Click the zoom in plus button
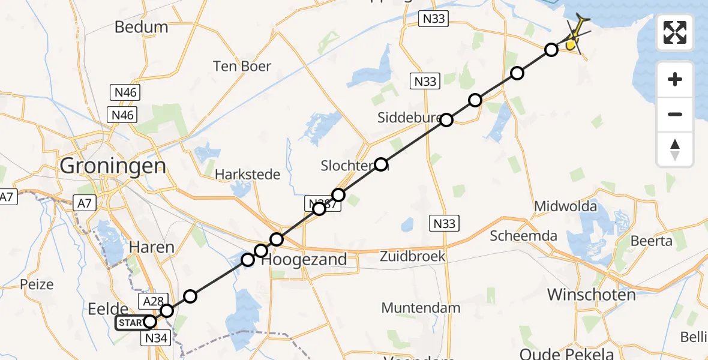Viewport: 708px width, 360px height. coord(675,79)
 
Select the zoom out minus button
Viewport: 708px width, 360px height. coord(675,114)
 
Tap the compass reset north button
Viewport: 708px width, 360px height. coord(675,149)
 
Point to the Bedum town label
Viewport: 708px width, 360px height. coord(141,27)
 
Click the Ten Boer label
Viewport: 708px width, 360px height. coord(242,66)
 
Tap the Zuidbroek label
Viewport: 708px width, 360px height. coord(413,256)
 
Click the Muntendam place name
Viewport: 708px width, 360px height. coord(421,308)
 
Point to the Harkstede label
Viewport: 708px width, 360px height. coord(248,175)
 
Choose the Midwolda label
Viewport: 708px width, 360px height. coord(566,207)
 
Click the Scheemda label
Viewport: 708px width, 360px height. coord(524,236)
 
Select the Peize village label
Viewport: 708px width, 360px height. coord(37,284)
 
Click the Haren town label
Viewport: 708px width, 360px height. coord(152,247)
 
